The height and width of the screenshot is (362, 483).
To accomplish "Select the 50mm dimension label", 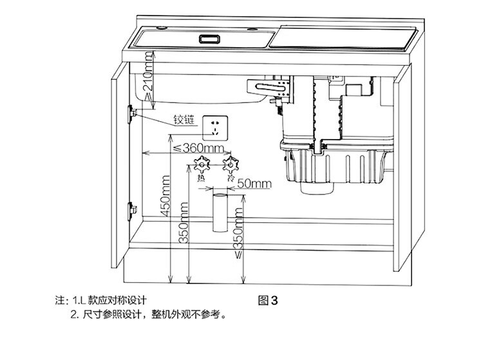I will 254,183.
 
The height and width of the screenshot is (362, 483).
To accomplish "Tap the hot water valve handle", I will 201,165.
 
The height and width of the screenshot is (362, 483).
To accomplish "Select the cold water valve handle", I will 228,164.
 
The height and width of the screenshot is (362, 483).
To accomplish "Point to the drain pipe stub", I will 218,211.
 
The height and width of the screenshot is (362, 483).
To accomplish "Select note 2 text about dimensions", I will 148,316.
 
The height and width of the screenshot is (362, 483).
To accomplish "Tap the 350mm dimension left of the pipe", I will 184,223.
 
